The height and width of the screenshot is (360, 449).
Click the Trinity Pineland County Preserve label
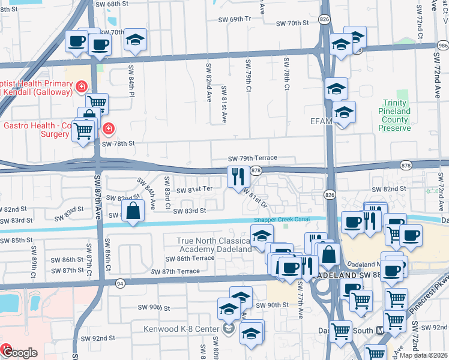point(394,115)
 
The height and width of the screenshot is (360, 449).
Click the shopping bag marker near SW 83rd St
point(133,210)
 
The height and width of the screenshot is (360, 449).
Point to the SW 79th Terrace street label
point(252,158)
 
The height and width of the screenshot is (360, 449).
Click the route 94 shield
point(120,282)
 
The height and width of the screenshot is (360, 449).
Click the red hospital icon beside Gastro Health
point(108,127)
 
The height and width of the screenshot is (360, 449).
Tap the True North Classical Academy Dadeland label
point(213,245)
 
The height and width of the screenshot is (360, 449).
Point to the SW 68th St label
point(113,4)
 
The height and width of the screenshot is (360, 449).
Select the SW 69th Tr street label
point(234,19)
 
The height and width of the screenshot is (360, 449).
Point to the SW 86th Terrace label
point(190,257)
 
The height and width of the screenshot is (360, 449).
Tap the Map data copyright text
point(423,355)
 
